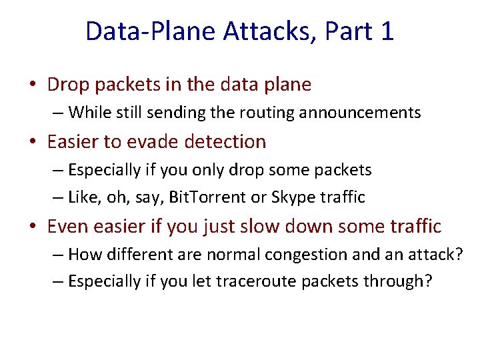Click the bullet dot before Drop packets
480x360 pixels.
(32, 85)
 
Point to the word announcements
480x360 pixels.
(360, 113)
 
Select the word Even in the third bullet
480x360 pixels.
(68, 227)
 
